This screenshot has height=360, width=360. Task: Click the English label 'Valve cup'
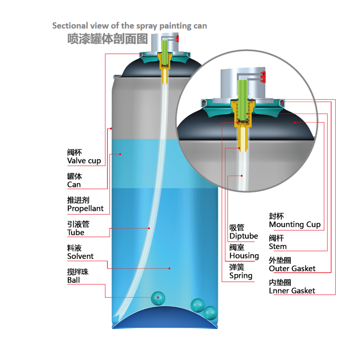[84, 161]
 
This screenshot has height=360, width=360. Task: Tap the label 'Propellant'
[85, 209]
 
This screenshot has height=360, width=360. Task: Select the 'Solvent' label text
[80, 257]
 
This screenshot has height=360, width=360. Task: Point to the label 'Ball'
[73, 280]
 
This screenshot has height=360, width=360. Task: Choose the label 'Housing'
[244, 256]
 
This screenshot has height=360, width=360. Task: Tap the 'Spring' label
[241, 276]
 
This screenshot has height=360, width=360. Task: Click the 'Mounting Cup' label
[295, 225]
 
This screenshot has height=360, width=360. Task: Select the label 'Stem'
[278, 247]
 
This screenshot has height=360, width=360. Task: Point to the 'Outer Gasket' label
[292, 268]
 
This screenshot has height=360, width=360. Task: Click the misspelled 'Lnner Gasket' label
[292, 290]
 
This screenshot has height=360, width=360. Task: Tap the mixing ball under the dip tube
[158, 298]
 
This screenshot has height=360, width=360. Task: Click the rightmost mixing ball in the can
[210, 313]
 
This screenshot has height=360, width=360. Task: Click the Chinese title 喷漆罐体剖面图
[108, 39]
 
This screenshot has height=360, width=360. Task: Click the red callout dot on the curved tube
[149, 228]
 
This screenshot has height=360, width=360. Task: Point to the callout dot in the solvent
[169, 268]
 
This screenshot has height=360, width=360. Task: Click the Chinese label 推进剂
[78, 200]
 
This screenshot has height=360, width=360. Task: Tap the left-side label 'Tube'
[75, 233]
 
